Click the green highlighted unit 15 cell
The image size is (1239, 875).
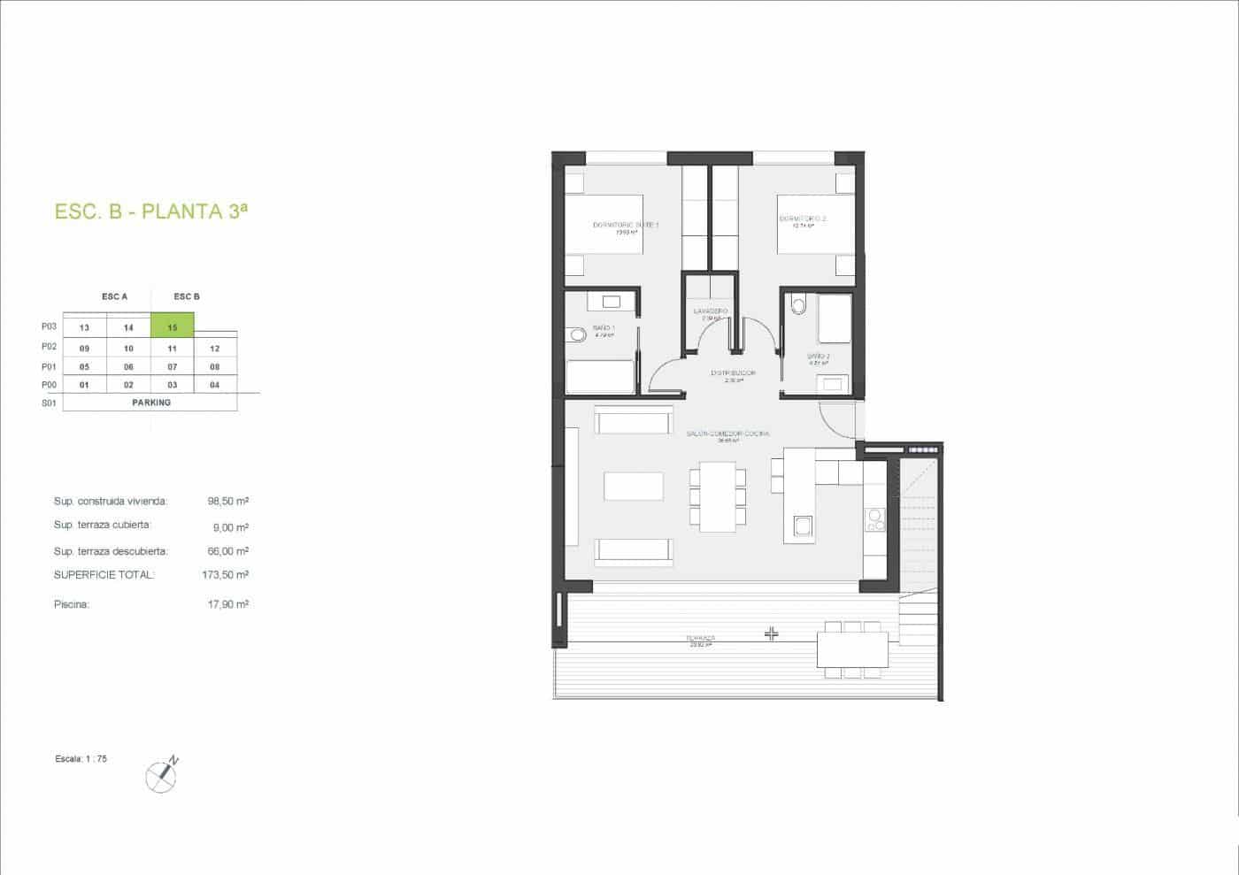173,327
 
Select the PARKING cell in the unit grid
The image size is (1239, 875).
150,403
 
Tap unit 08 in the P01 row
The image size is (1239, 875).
215,366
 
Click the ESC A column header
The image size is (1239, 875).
114,296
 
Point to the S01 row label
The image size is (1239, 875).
49,403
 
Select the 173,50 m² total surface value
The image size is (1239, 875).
225,575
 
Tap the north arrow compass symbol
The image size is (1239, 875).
162,775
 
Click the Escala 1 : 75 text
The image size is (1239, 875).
81,759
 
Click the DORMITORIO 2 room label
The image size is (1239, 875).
803,219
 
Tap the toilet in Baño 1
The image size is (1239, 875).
578,334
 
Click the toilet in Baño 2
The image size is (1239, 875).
799,306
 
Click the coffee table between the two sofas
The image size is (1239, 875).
634,487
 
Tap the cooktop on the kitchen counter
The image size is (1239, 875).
874,519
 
